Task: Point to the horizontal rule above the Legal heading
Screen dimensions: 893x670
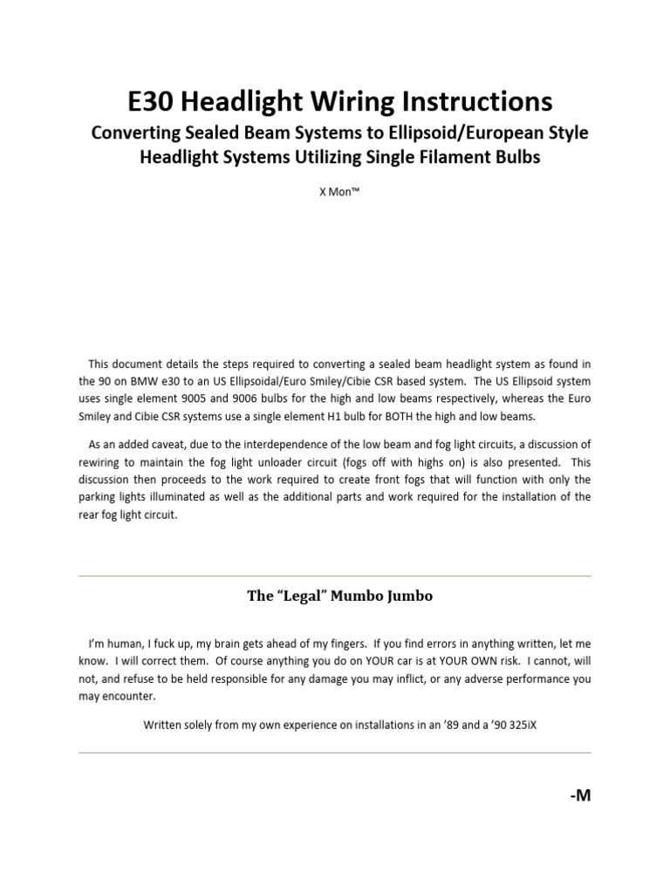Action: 334,576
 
